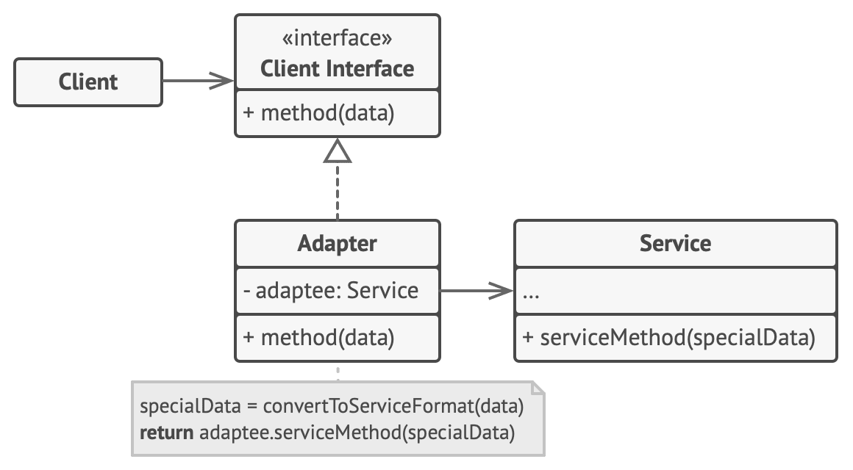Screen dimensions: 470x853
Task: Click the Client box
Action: (88, 82)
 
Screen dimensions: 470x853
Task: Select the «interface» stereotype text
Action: (337, 38)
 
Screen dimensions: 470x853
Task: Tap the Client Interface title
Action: (337, 68)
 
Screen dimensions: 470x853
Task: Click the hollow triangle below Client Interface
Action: (338, 151)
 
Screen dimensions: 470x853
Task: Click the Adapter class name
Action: (337, 243)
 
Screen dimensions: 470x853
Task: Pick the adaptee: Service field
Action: (331, 290)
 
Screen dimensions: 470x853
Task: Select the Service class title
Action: (675, 243)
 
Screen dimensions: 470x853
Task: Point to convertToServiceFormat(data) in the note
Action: (393, 405)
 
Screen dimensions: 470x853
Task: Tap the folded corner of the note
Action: (538, 387)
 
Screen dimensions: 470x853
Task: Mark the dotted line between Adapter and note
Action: (338, 372)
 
